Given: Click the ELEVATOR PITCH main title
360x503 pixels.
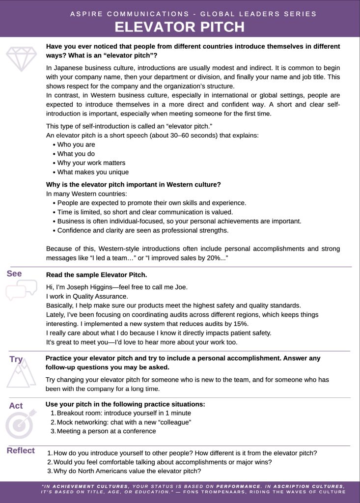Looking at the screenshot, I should [x=180, y=27].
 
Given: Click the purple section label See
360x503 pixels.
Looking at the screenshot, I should [x=14, y=274].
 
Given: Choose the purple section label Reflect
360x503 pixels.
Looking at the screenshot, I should [x=21, y=450].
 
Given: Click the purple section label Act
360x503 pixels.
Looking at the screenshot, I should [x=16, y=406].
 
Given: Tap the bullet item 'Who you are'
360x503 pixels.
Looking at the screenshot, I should [x=76, y=144].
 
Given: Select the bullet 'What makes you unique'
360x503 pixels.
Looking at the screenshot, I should [x=93, y=172].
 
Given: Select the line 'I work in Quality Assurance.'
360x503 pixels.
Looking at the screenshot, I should [x=87, y=296].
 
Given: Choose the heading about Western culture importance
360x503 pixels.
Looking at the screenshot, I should [x=133, y=185].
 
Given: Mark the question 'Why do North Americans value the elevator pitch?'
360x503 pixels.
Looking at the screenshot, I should [x=127, y=471].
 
